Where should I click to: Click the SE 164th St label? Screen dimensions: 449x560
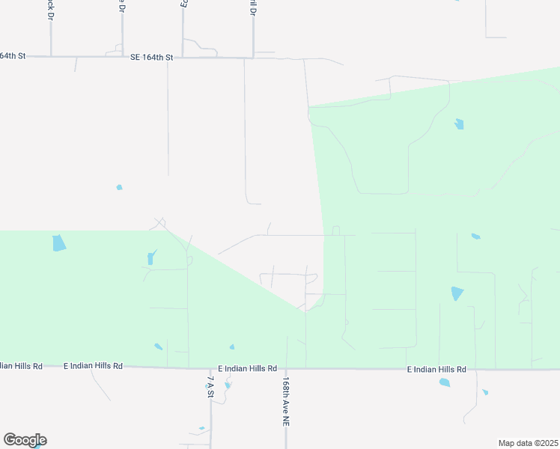pos(151,57)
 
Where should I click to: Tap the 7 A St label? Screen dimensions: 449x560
pos(210,387)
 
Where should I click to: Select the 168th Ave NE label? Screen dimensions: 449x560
pos(285,401)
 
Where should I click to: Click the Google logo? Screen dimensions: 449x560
pos(25,440)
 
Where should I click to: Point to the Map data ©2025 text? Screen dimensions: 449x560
pos(528,443)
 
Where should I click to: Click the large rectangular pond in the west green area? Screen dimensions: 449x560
pos(58,243)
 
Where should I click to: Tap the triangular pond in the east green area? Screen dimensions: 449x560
pos(457,293)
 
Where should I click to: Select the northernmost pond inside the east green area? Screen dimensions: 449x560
pos(459,124)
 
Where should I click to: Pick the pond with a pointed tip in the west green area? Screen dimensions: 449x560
pos(151,258)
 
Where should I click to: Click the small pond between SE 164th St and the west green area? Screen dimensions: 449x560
pos(119,187)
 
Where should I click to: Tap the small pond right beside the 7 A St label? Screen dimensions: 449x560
pos(228,385)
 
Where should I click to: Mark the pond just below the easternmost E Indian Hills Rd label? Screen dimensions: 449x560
pos(445,382)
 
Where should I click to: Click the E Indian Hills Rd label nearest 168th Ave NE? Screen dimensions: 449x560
pos(248,369)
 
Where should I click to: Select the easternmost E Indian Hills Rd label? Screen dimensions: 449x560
pos(436,370)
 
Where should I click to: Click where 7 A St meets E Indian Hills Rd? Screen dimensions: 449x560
pos(210,368)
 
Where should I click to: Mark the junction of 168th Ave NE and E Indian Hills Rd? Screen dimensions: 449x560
pos(286,368)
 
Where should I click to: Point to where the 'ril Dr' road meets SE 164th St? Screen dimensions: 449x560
pos(253,57)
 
